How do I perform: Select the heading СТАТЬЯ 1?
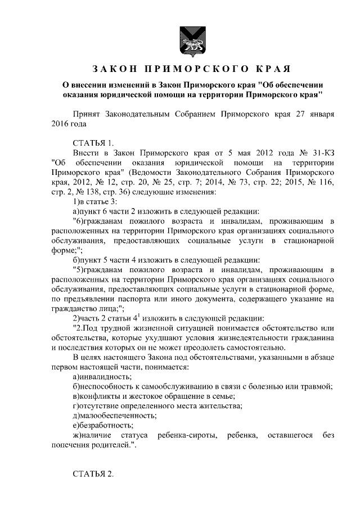[93, 142]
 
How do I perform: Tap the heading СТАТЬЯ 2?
[93, 474]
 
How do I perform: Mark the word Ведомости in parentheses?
[150, 173]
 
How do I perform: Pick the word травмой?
[317, 386]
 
